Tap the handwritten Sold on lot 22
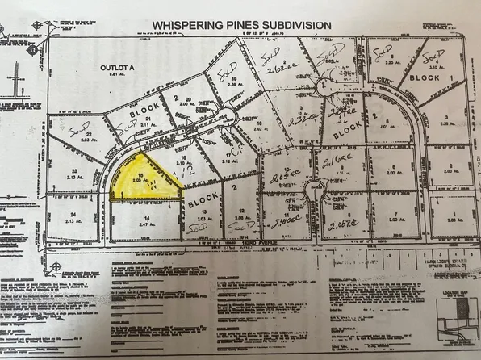click(78, 130)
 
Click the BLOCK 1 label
click(423, 77)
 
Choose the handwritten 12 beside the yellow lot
click(187, 175)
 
